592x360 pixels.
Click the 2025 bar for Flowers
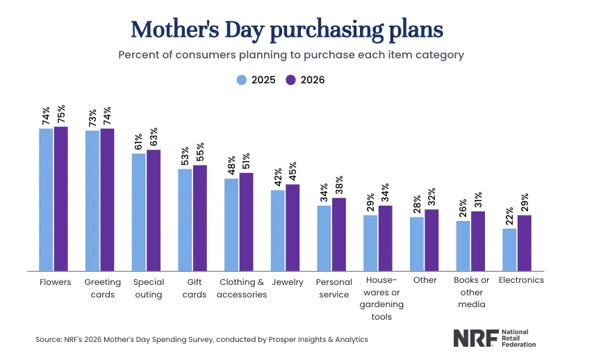(46, 199)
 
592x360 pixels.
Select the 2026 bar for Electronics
(525, 243)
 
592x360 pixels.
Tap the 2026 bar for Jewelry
(293, 227)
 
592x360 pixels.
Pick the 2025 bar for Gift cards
(185, 220)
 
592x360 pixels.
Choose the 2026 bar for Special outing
(154, 210)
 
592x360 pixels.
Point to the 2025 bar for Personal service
(324, 238)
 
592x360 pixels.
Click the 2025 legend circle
(242, 80)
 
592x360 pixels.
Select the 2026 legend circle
(293, 80)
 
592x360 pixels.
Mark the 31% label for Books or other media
(478, 199)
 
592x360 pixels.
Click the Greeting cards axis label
(102, 288)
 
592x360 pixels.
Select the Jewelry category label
(288, 281)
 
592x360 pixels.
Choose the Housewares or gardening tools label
(377, 299)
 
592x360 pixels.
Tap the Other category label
(425, 281)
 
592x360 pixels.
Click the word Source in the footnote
(49, 340)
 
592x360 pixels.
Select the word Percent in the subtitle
(138, 55)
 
